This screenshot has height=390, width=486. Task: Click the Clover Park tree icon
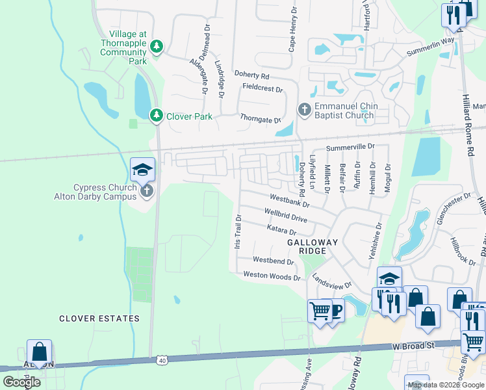pyautogui.click(x=156, y=116)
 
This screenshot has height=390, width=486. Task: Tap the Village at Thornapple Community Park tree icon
pyautogui.click(x=156, y=46)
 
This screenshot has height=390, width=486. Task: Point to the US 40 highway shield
pyautogui.click(x=162, y=359)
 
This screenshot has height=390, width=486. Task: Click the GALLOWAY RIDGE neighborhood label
pyautogui.click(x=313, y=246)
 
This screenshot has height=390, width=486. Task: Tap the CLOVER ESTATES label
pyautogui.click(x=99, y=318)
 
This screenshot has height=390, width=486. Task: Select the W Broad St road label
pyautogui.click(x=413, y=346)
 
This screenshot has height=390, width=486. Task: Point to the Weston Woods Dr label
pyautogui.click(x=272, y=276)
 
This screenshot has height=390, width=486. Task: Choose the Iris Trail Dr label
pyautogui.click(x=238, y=231)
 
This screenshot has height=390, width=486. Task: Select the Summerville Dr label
pyautogui.click(x=350, y=148)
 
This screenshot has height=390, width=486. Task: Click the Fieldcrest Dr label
pyautogui.click(x=262, y=88)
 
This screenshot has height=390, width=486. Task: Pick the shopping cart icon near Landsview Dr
pyautogui.click(x=319, y=310)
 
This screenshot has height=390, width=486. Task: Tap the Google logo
pyautogui.click(x=21, y=382)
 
